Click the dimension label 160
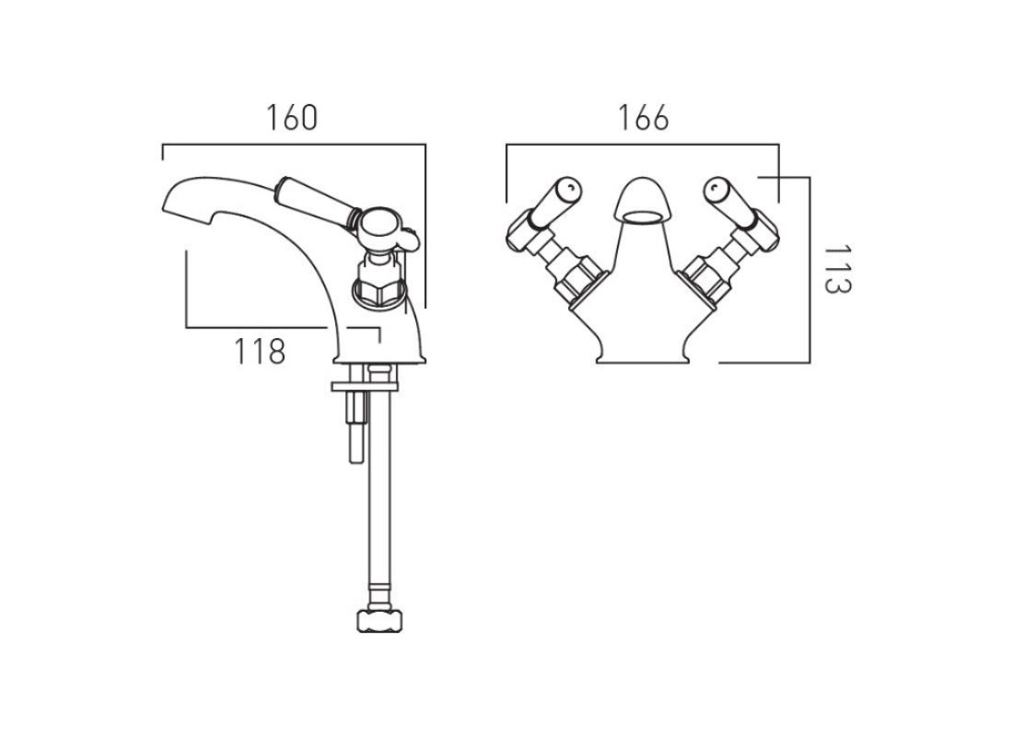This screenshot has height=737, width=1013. click(292, 119)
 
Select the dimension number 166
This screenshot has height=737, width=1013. click(644, 119)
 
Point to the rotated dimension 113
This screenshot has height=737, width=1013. click(836, 269)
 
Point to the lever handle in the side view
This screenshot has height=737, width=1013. click(317, 198)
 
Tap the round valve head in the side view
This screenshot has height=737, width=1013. click(378, 227)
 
